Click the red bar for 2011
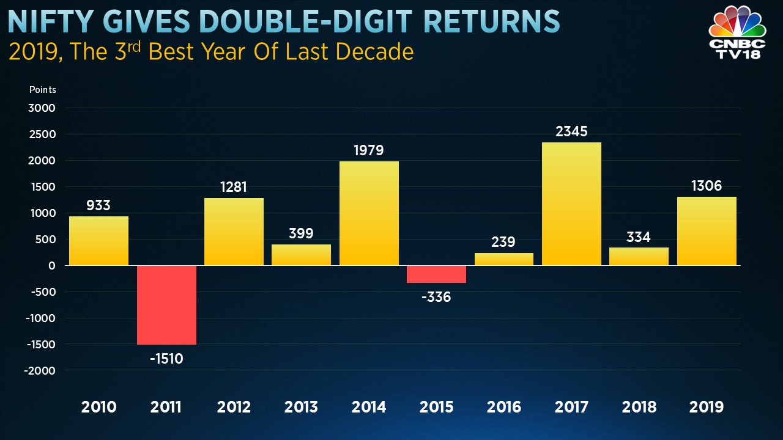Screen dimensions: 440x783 pyautogui.click(x=166, y=305)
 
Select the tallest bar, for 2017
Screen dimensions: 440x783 pyautogui.click(x=572, y=204)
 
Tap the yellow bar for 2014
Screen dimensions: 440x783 pyautogui.click(x=369, y=213)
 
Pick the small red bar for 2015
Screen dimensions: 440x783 pyautogui.click(x=437, y=274)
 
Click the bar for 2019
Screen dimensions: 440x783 pyautogui.click(x=707, y=231)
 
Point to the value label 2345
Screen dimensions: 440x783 pyautogui.click(x=572, y=132)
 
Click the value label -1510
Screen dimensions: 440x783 pyautogui.click(x=166, y=358)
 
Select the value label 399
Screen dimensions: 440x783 pyautogui.click(x=301, y=233)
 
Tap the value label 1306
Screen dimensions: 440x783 pyautogui.click(x=707, y=185)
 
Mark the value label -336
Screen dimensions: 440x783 pyautogui.click(x=437, y=298)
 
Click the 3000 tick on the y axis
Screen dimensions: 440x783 pyautogui.click(x=42, y=108)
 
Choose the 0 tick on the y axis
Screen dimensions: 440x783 pyautogui.click(x=51, y=266)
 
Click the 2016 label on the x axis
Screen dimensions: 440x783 pyautogui.click(x=504, y=407)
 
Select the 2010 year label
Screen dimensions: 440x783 pyautogui.click(x=98, y=407)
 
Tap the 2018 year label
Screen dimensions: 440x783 pyautogui.click(x=639, y=407)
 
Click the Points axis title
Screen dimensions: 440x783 pyautogui.click(x=42, y=90)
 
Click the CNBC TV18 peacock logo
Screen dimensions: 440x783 pyautogui.click(x=737, y=31)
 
